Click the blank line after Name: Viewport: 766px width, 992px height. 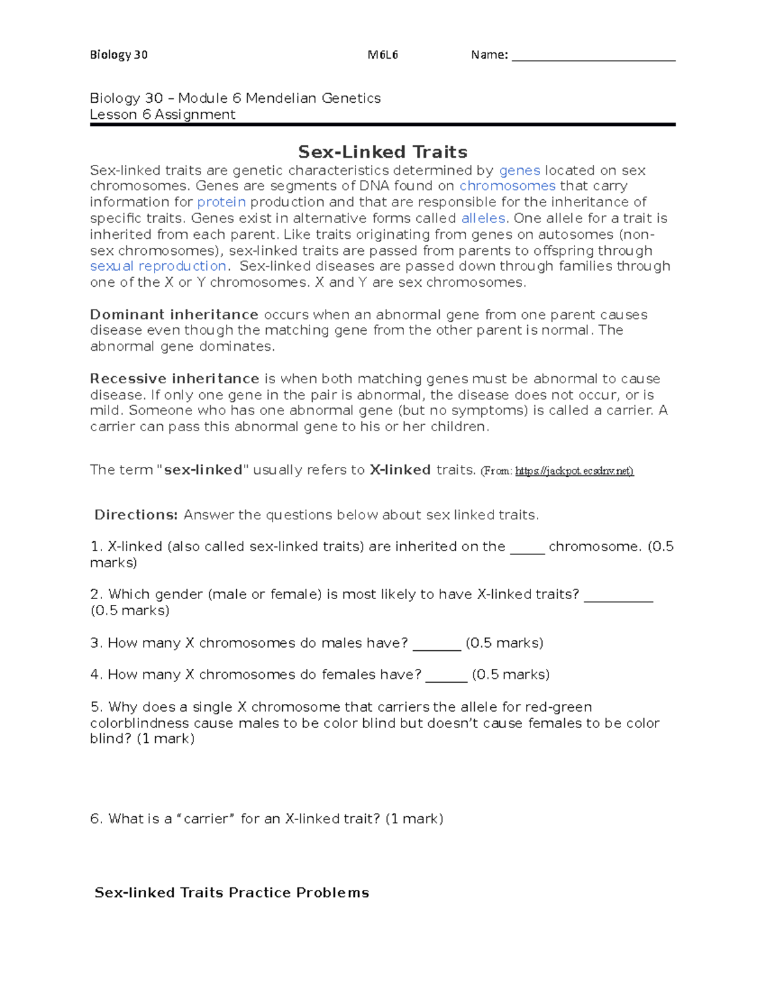click(x=593, y=56)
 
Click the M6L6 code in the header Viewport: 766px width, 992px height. click(x=383, y=55)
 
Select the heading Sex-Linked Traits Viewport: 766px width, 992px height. click(x=382, y=152)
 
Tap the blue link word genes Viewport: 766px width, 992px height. click(x=520, y=171)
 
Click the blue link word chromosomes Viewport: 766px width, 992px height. click(x=507, y=186)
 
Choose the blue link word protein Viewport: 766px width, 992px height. click(x=222, y=202)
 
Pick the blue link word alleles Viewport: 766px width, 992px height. click(x=483, y=218)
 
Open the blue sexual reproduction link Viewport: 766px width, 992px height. click(x=158, y=266)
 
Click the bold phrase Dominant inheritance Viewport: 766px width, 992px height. click(x=174, y=315)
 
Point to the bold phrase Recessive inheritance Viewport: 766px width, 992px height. click(x=174, y=379)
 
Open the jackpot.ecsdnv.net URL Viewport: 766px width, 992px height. click(x=574, y=471)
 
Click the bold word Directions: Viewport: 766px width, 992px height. click(x=136, y=515)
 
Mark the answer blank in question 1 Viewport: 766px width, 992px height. click(x=527, y=548)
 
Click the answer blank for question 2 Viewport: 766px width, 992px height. click(x=619, y=596)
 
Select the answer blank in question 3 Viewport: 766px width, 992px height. click(x=437, y=645)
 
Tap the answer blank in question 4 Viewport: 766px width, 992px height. click(x=446, y=676)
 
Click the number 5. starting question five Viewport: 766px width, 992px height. click(x=97, y=707)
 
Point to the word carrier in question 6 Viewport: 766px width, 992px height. click(x=205, y=819)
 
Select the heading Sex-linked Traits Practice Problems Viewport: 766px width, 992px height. click(x=232, y=893)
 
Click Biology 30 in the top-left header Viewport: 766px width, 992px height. click(x=119, y=55)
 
